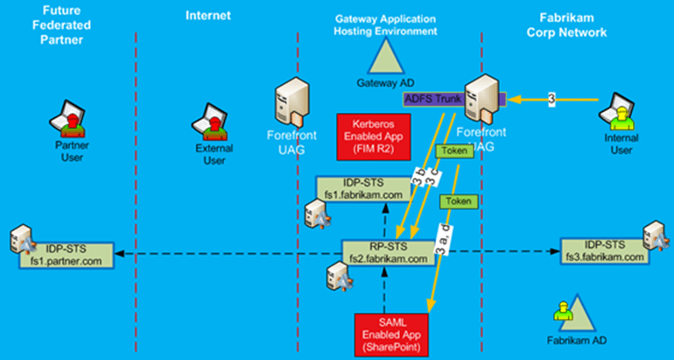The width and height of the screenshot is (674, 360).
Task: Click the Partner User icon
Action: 70,125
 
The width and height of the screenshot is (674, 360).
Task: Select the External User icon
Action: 213,125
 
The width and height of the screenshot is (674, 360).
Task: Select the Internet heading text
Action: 207,15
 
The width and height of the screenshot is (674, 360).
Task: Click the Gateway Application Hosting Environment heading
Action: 386,25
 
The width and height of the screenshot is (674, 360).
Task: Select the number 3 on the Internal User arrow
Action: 551,98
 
